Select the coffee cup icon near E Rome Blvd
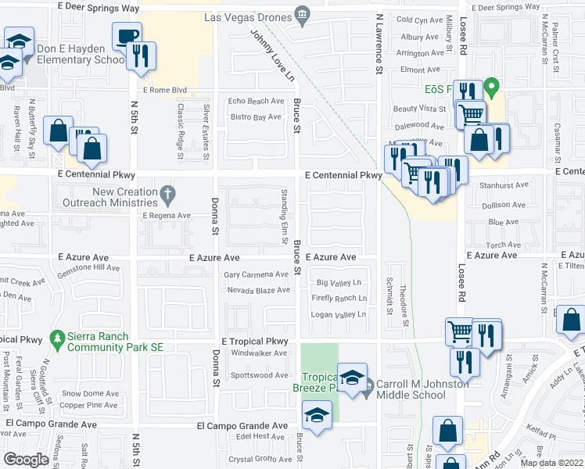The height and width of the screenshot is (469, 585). [125, 36]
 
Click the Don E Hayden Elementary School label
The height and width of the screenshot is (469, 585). [80, 53]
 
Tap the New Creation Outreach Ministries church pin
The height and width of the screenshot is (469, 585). [167, 192]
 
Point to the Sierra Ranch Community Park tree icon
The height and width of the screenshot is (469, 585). [56, 338]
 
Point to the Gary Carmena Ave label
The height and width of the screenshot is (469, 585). [257, 274]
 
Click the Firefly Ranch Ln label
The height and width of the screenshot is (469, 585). [339, 298]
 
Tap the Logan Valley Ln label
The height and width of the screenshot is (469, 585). [339, 314]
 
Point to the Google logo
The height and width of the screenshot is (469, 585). [26, 459]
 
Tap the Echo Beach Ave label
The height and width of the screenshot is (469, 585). [256, 101]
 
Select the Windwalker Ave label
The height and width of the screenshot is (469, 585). [260, 353]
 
